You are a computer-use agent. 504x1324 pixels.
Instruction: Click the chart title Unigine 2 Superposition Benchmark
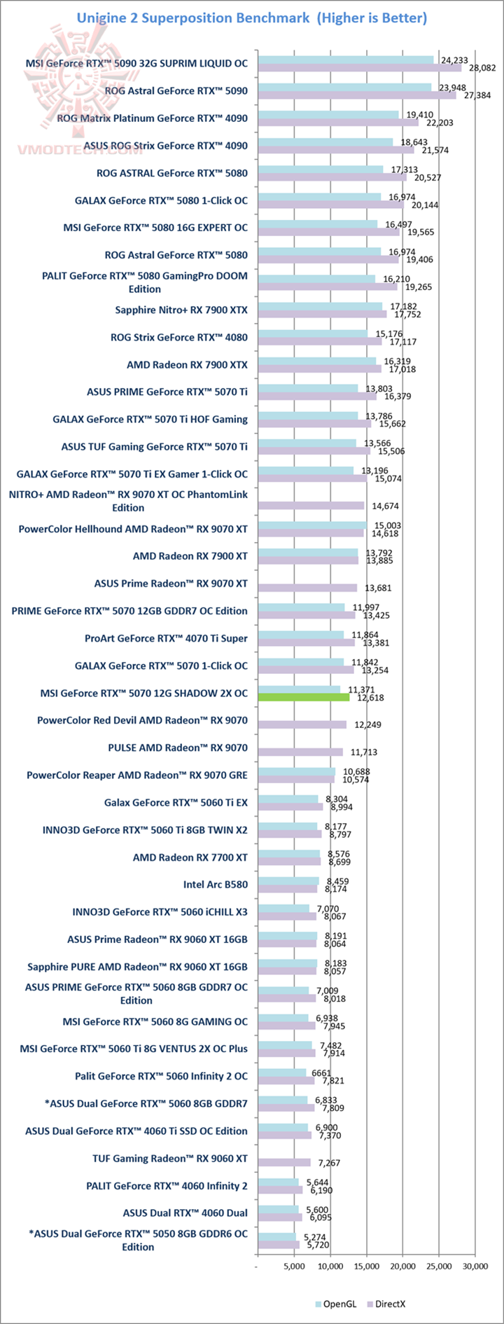click(x=192, y=18)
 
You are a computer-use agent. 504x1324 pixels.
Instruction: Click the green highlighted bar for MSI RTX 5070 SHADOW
click(x=304, y=697)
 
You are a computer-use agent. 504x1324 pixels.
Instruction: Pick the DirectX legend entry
click(x=386, y=1304)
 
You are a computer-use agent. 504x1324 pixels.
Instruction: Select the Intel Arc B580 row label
click(x=216, y=884)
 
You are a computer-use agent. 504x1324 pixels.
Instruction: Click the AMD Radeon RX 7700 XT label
click(x=190, y=857)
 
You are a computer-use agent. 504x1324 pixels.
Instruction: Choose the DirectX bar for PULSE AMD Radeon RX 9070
click(x=300, y=752)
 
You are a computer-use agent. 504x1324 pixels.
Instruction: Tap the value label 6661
click(x=321, y=1073)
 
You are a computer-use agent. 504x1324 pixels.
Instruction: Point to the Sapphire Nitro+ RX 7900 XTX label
click(x=181, y=310)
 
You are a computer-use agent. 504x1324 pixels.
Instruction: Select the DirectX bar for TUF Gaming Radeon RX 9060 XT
click(x=284, y=1162)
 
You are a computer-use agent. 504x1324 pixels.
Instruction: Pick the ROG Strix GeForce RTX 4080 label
click(x=179, y=337)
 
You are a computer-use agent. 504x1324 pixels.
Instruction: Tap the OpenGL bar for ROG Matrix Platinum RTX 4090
click(x=328, y=114)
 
